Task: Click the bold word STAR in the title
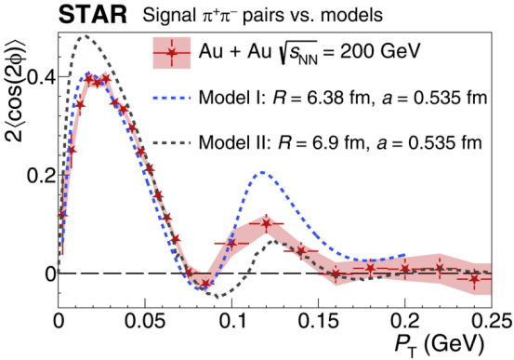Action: pyautogui.click(x=93, y=15)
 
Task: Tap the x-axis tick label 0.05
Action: pyautogui.click(x=145, y=322)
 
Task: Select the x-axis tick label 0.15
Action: pyautogui.click(x=318, y=322)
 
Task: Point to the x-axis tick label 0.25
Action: pyautogui.click(x=492, y=322)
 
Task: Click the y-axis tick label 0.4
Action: pyautogui.click(x=42, y=77)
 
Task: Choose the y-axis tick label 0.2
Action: pyautogui.click(x=40, y=176)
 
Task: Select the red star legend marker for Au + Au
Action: pyautogui.click(x=172, y=53)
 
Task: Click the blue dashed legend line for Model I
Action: pyautogui.click(x=172, y=98)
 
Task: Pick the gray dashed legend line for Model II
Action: pyautogui.click(x=172, y=142)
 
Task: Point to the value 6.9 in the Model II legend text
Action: pyautogui.click(x=323, y=142)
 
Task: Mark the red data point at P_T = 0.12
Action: pyautogui.click(x=267, y=224)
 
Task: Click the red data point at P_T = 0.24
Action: pyautogui.click(x=474, y=279)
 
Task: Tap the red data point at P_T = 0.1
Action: pyautogui.click(x=231, y=244)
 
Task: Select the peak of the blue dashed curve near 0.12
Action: pyautogui.click(x=262, y=172)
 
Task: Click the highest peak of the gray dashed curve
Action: pyautogui.click(x=85, y=36)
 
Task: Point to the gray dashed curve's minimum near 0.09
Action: pyautogui.click(x=217, y=298)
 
